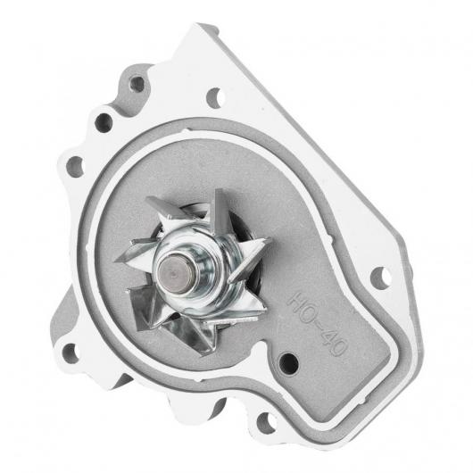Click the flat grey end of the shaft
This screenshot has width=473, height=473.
click(x=174, y=274)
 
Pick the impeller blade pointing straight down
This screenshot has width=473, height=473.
click(x=199, y=335)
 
